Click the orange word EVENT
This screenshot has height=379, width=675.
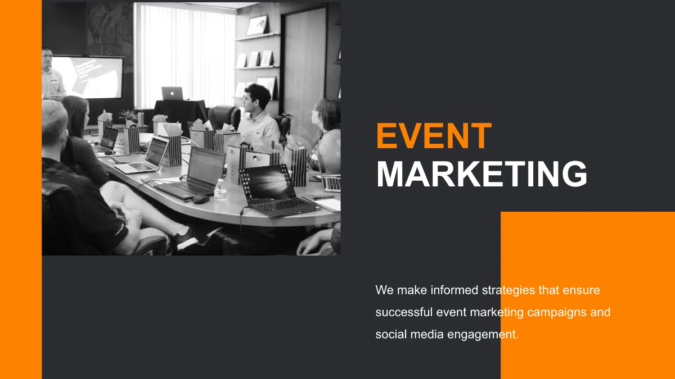(x=433, y=136)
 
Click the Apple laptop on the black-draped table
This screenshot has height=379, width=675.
(x=172, y=93)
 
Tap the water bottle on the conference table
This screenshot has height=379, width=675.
(x=220, y=190)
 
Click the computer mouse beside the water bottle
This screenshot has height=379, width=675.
(x=201, y=199)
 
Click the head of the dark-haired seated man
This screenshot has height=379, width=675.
(x=258, y=97)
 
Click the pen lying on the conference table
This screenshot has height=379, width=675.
(x=323, y=198)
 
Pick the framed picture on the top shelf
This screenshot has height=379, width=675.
(x=256, y=25)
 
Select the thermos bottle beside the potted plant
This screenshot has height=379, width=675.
(x=141, y=118)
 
